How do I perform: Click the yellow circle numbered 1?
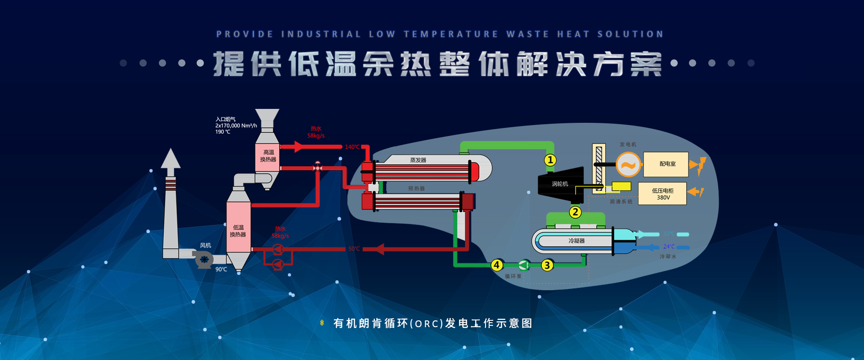tap(550, 160)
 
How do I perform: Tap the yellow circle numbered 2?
tap(575, 212)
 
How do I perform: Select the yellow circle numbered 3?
tap(547, 265)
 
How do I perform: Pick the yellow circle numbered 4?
tap(497, 265)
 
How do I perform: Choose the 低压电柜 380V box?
tap(662, 194)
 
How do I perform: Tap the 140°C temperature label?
tap(352, 147)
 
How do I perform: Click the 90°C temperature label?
tap(221, 270)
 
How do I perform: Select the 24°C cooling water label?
tap(669, 247)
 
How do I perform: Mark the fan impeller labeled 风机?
tap(204, 259)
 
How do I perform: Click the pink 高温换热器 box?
tap(268, 157)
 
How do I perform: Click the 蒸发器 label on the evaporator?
tap(418, 160)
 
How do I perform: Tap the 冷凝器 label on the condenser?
tap(576, 241)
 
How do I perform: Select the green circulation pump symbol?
tap(523, 265)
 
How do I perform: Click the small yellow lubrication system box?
tap(621, 186)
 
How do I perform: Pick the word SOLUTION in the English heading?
tap(630, 34)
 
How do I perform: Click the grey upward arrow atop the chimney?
tap(171, 160)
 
